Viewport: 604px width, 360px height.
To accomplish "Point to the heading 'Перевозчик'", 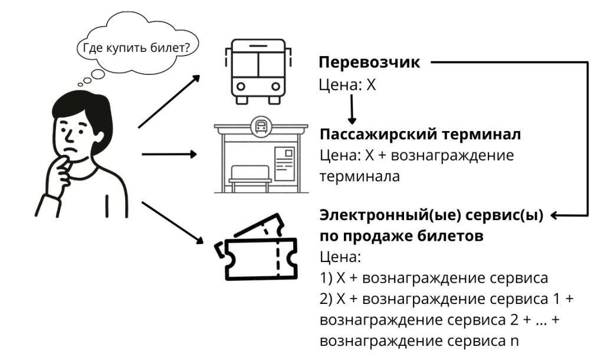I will point(369,63).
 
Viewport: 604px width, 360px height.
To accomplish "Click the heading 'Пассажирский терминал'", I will point(420,135).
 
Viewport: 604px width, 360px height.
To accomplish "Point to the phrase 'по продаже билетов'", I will point(401,236).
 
